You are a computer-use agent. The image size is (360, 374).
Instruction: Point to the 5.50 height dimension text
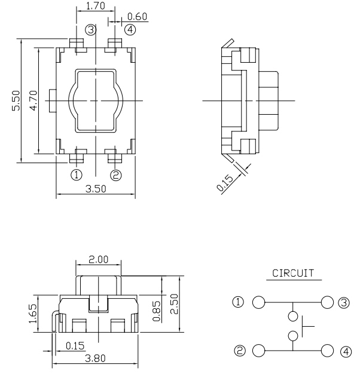pos(17,100)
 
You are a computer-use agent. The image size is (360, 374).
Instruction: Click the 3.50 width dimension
pos(97,189)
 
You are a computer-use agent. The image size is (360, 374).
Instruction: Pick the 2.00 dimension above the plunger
pos(99,260)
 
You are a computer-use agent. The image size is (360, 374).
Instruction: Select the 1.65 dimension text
pos(33,312)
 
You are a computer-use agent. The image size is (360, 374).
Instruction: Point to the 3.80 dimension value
pos(96,360)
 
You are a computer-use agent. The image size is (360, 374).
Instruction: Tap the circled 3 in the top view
pos(90,30)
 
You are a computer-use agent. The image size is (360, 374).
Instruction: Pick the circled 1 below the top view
pos(77,174)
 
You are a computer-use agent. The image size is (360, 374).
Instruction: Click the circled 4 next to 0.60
pos(129,29)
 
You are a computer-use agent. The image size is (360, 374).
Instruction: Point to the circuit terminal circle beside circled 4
pos(327,350)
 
